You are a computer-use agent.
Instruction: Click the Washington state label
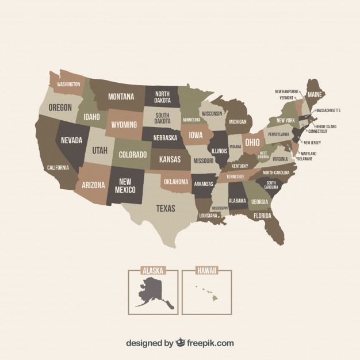coord(69,84)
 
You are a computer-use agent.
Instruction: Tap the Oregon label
coord(60,107)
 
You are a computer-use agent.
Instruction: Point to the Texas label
coord(166,208)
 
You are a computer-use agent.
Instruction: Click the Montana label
coord(121,96)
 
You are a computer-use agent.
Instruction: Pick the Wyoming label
coord(124,124)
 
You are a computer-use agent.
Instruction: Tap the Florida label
coord(262,216)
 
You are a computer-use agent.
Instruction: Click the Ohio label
coord(252,141)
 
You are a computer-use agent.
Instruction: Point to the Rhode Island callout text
coord(326,127)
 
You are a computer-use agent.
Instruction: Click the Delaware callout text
coord(308,159)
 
